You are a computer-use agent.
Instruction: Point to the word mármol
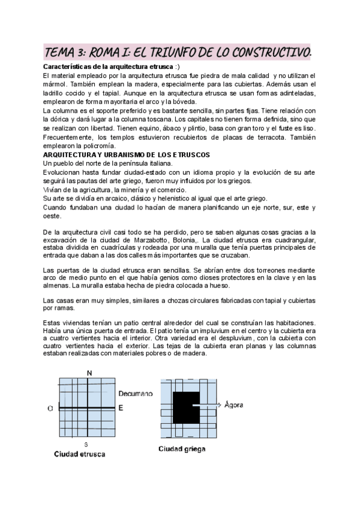tap(56, 85)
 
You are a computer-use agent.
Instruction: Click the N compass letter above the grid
tap(89, 374)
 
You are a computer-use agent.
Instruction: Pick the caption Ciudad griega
tap(183, 448)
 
